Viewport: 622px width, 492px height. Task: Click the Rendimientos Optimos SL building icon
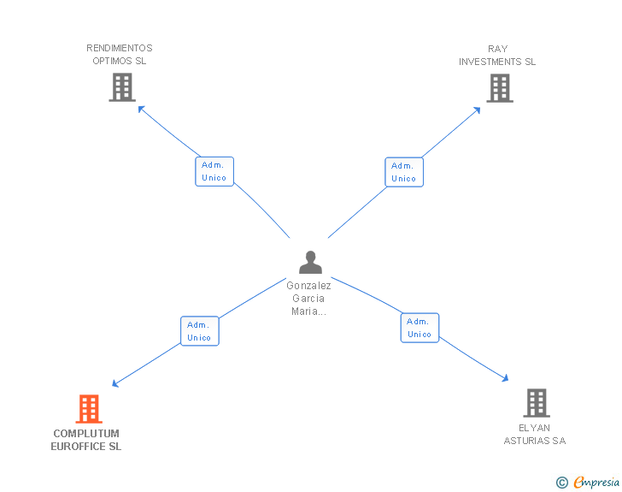coord(122,87)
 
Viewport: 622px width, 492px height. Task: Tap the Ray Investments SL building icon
coord(500,88)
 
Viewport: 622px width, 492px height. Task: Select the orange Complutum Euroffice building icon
coord(89,409)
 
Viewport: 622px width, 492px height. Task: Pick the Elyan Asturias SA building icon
coord(537,402)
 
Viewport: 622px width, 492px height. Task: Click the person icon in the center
coord(310,263)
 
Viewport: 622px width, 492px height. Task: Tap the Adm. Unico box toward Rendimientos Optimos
coord(214,171)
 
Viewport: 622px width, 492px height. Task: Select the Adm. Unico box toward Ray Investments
coord(404,172)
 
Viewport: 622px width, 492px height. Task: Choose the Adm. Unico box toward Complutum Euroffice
coord(200,331)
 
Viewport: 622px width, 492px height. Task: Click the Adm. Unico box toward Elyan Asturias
coord(420,328)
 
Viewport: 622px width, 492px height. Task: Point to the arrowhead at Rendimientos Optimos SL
coord(141,109)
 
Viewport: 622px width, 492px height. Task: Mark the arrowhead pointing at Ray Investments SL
coord(478,110)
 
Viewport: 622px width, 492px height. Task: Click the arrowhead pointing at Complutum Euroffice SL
coord(115,383)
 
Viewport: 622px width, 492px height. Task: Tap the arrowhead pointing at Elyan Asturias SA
coord(506,378)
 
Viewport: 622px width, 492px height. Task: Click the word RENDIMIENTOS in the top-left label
coord(120,48)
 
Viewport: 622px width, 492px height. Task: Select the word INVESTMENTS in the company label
coord(490,62)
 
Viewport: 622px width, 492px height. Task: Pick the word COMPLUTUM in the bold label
coord(86,433)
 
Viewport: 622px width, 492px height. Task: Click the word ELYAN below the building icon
coord(534,428)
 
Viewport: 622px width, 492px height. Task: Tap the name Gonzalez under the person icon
coord(308,285)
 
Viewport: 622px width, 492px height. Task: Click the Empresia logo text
coord(596,483)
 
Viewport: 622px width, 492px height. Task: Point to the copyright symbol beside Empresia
coord(561,483)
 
